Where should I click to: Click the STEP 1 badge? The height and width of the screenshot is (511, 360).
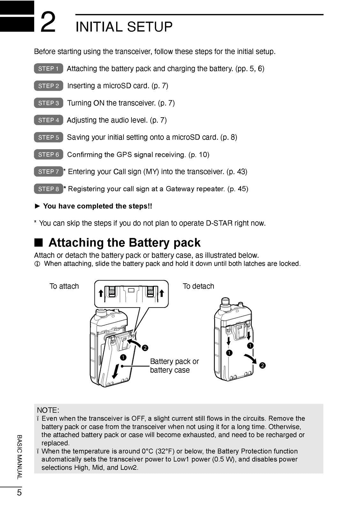(49, 68)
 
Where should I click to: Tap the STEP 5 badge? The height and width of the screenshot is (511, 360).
(49, 137)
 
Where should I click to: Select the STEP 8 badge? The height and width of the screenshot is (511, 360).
(49, 189)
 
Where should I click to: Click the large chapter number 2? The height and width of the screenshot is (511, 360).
(48, 22)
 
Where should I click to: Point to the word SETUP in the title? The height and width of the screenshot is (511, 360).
(150, 27)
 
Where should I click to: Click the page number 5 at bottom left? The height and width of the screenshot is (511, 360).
(19, 492)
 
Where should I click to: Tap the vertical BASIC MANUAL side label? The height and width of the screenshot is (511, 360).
(19, 457)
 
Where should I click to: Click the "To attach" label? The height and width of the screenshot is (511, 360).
(64, 286)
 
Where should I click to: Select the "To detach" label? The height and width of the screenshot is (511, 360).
(199, 286)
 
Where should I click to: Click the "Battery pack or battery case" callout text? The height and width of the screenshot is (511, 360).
(174, 365)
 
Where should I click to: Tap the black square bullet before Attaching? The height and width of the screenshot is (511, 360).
(39, 242)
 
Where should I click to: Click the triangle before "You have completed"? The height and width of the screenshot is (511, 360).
(37, 206)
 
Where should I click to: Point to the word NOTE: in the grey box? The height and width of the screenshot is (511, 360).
(48, 410)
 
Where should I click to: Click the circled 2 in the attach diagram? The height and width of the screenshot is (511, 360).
(145, 348)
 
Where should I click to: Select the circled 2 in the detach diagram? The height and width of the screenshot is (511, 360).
(262, 365)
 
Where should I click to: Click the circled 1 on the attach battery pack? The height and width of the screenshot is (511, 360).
(123, 357)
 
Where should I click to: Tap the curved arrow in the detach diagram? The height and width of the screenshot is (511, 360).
(250, 359)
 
